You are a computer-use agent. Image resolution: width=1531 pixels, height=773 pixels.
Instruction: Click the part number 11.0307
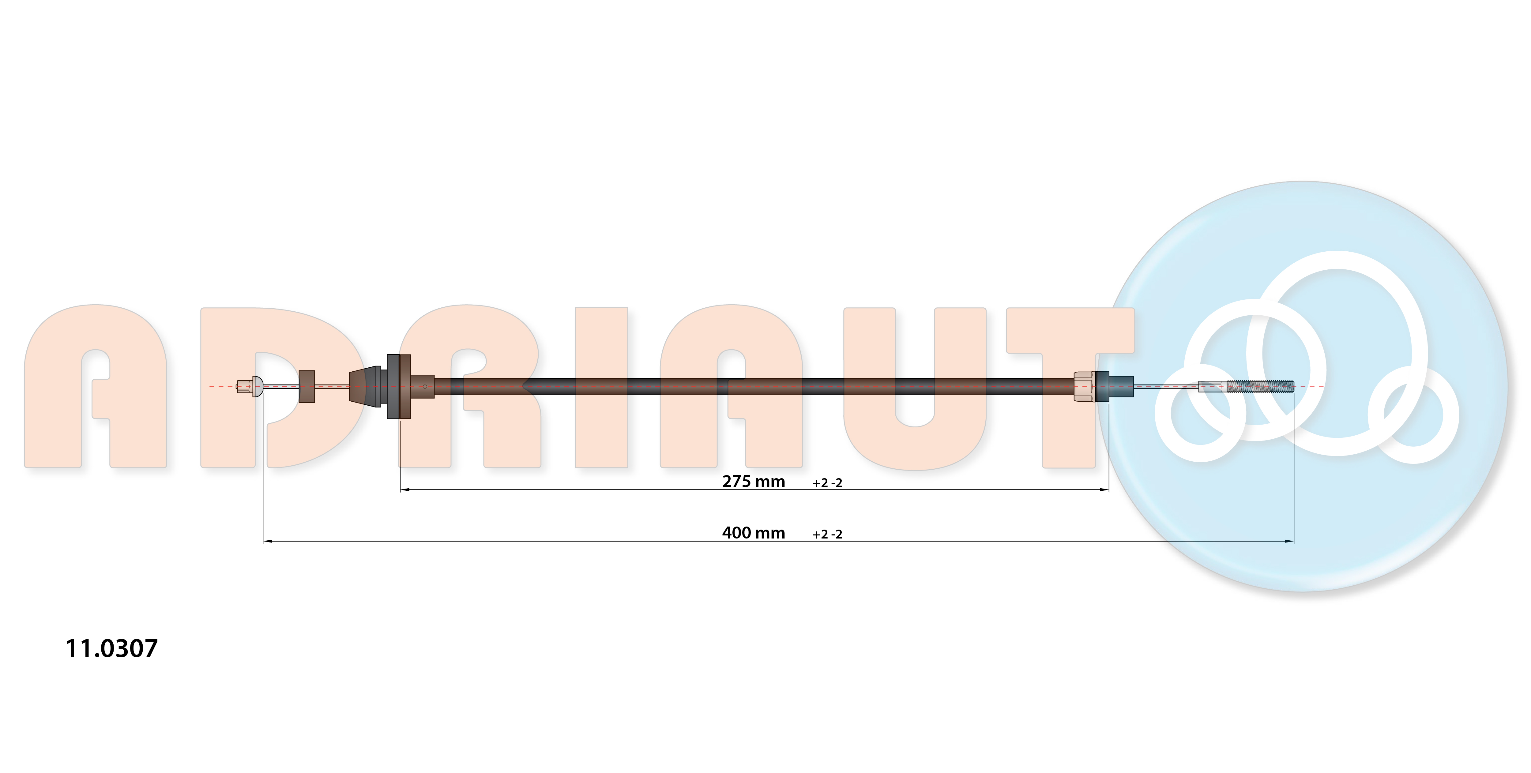tap(112, 648)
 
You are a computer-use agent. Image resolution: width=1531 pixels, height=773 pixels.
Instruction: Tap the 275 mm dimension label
tap(754, 481)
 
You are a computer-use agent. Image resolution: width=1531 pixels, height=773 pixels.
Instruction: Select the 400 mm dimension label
tap(754, 533)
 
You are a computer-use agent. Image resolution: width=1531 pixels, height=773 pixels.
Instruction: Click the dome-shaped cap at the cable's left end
tap(257, 387)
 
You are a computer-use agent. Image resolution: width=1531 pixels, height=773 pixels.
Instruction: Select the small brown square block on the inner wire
tap(307, 387)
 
